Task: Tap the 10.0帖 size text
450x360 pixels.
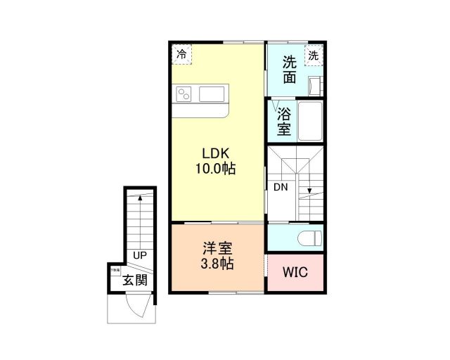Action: coord(217,169)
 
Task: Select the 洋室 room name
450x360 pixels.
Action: coord(217,249)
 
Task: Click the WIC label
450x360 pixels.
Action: coord(295,273)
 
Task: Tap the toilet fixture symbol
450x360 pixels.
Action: coord(309,237)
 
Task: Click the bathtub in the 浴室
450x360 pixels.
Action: coord(309,122)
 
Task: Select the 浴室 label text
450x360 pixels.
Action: coord(284,122)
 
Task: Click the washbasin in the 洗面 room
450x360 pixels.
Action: coord(315,82)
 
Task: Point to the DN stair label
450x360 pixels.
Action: coord(281,188)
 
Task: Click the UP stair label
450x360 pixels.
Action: coord(140,255)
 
